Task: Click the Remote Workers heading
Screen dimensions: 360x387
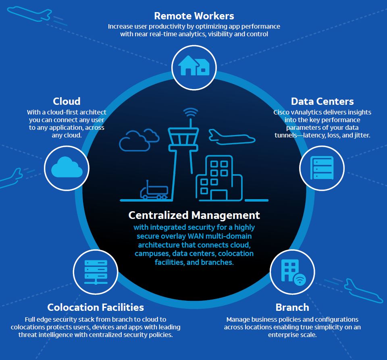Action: click(x=194, y=16)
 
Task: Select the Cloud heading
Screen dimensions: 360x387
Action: click(x=67, y=101)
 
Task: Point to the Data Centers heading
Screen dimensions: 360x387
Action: click(x=322, y=101)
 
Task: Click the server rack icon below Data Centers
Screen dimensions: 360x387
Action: click(x=322, y=168)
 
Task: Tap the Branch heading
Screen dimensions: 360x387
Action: click(x=292, y=307)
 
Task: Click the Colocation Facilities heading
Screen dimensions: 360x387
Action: click(x=96, y=307)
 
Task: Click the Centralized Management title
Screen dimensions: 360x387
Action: click(x=194, y=215)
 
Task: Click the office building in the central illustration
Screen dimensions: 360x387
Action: click(x=219, y=179)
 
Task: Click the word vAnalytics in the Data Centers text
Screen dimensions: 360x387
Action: click(x=308, y=112)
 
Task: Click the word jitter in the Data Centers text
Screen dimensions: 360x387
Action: click(x=360, y=135)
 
